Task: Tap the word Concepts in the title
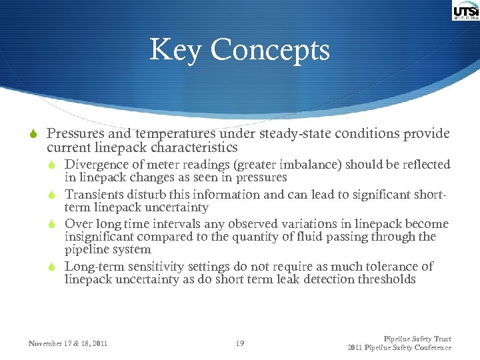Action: pyautogui.click(x=270, y=50)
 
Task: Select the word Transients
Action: pyautogui.click(x=94, y=195)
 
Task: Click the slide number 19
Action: pyautogui.click(x=240, y=343)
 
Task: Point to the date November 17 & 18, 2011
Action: pyautogui.click(x=68, y=343)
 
